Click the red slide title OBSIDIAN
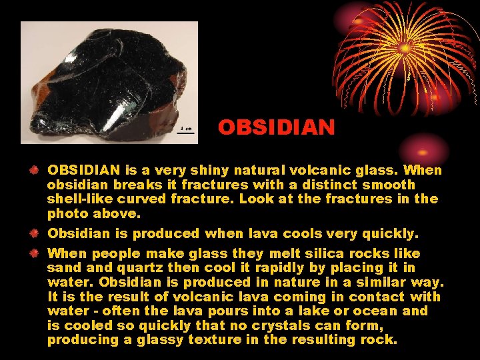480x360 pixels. point(276,127)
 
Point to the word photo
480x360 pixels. point(65,213)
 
